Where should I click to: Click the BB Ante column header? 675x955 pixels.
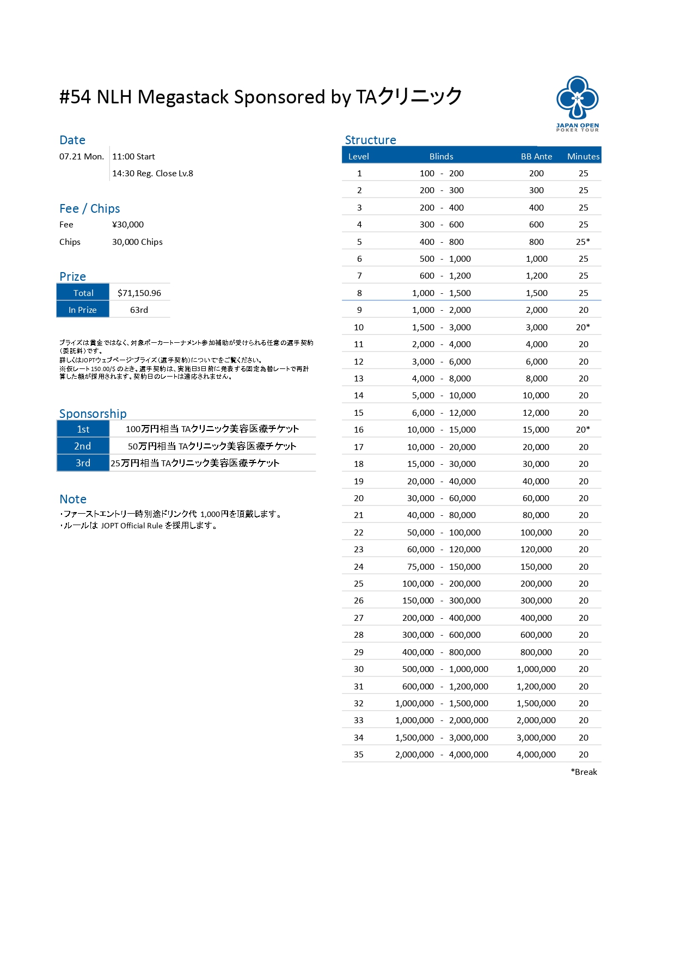536,157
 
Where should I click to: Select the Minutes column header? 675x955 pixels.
583,157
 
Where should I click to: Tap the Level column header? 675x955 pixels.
358,157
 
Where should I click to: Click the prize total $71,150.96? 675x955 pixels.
139,293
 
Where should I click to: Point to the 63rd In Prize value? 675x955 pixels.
139,310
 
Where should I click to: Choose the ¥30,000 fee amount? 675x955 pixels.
128,225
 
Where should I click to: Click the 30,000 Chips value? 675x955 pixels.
137,242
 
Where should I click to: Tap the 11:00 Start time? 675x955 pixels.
133,157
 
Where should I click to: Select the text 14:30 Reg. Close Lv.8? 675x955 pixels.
152,174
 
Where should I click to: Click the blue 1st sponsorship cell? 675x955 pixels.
83,429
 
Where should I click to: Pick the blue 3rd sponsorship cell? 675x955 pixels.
83,463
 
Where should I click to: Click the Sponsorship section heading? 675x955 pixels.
93,414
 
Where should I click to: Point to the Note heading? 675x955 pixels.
73,499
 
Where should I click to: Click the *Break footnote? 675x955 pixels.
584,772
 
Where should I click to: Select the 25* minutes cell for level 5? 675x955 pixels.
583,242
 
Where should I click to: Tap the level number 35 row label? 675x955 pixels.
359,755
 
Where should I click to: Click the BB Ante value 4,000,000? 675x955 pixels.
536,755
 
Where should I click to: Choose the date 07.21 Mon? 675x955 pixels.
82,157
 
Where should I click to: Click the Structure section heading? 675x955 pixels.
370,140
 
